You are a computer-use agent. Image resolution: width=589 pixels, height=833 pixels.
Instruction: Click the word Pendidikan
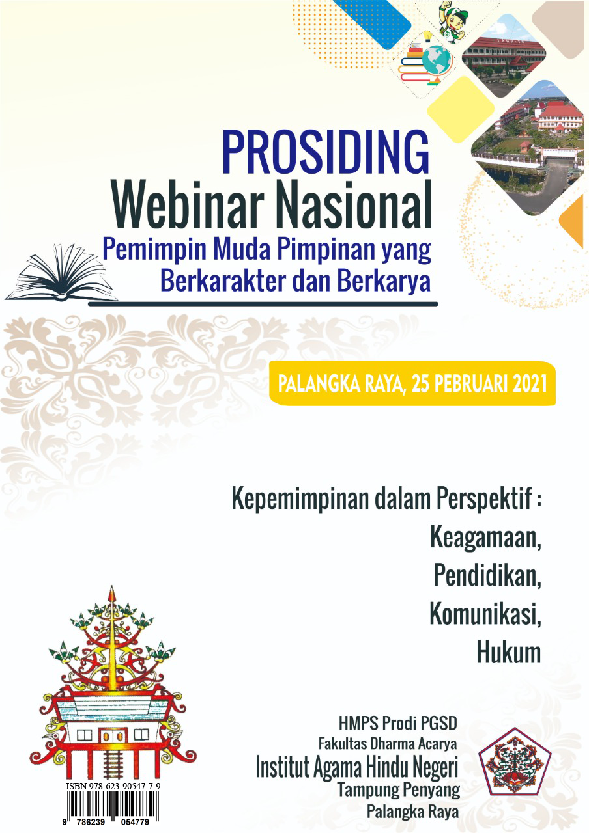point(487,576)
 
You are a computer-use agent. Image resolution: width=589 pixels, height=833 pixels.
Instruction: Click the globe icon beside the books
point(437,61)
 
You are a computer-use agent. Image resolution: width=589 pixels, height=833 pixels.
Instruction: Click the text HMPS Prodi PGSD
point(397,723)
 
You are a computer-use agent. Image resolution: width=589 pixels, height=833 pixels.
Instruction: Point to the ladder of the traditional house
point(112,761)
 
